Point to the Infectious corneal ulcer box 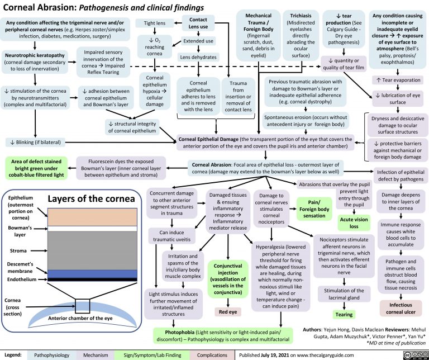pyautogui.click(x=399, y=308)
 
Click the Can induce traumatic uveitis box pyautogui.click(x=173, y=236)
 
